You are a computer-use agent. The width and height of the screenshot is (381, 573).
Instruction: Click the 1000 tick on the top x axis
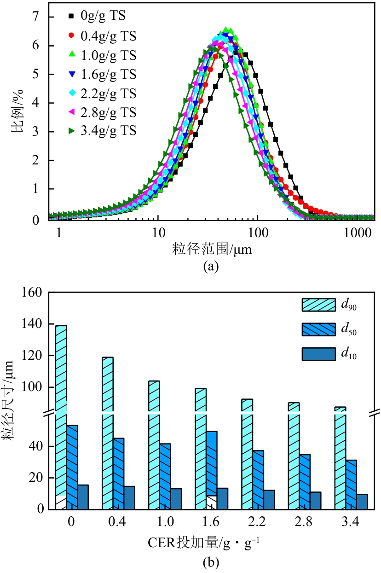(358, 233)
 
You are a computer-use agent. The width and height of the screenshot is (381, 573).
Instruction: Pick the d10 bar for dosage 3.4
(362, 501)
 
